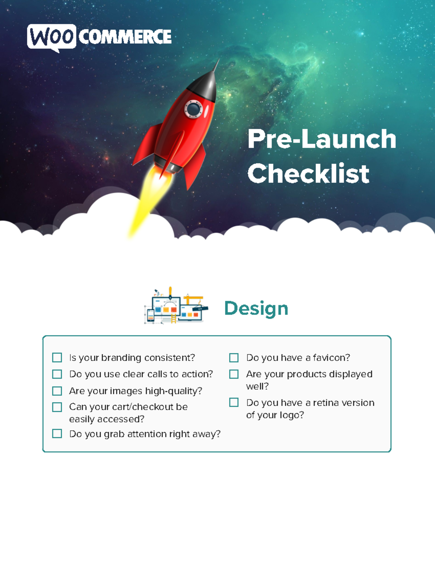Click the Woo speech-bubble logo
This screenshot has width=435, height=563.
[51, 37]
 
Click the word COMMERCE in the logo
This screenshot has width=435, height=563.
[125, 37]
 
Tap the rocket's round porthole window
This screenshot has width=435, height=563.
[194, 109]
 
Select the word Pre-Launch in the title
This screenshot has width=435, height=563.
[322, 139]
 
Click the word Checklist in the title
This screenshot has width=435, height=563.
[308, 173]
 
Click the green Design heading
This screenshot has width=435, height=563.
[256, 309]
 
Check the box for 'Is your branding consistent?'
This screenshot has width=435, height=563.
[57, 358]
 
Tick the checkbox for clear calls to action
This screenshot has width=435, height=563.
[57, 374]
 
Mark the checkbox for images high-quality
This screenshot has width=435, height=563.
[57, 391]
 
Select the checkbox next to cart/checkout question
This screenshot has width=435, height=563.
[57, 407]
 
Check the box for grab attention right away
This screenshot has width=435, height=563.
[57, 434]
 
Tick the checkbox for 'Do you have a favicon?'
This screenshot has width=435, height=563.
[234, 358]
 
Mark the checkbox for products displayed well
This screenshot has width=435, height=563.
[234, 374]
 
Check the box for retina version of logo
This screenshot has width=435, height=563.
[234, 402]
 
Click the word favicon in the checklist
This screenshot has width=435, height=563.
[331, 358]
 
